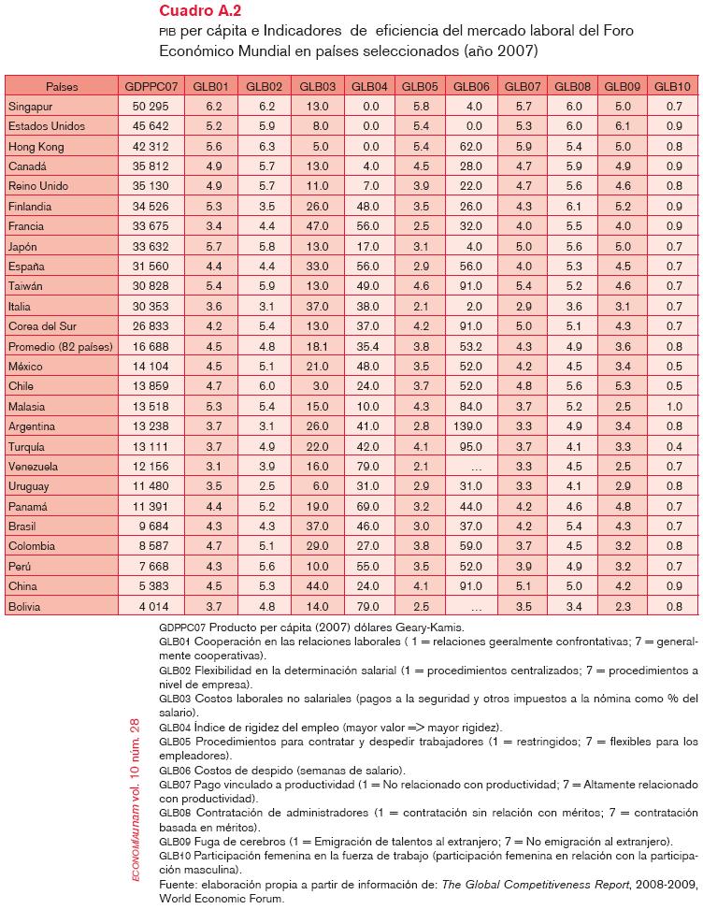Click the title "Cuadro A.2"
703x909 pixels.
[x=199, y=11]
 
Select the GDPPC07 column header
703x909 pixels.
[x=151, y=86]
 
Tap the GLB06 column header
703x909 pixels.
[x=470, y=86]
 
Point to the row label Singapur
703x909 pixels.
[x=30, y=107]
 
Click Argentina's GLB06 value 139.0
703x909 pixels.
[x=469, y=426]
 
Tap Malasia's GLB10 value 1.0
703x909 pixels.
[x=673, y=407]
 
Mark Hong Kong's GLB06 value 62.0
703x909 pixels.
[x=471, y=146]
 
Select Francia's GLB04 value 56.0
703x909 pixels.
[x=370, y=226]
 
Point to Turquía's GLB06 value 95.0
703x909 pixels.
[x=471, y=447]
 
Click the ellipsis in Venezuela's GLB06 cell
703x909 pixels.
[x=476, y=467]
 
